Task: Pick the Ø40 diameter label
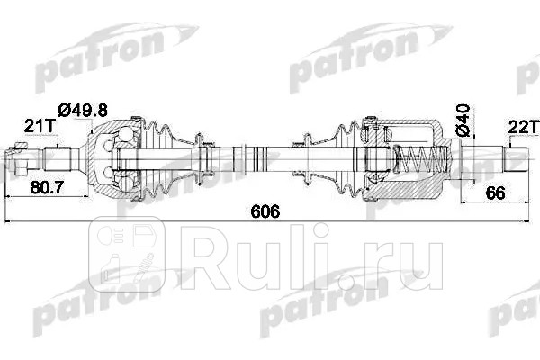pyautogui.click(x=463, y=119)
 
